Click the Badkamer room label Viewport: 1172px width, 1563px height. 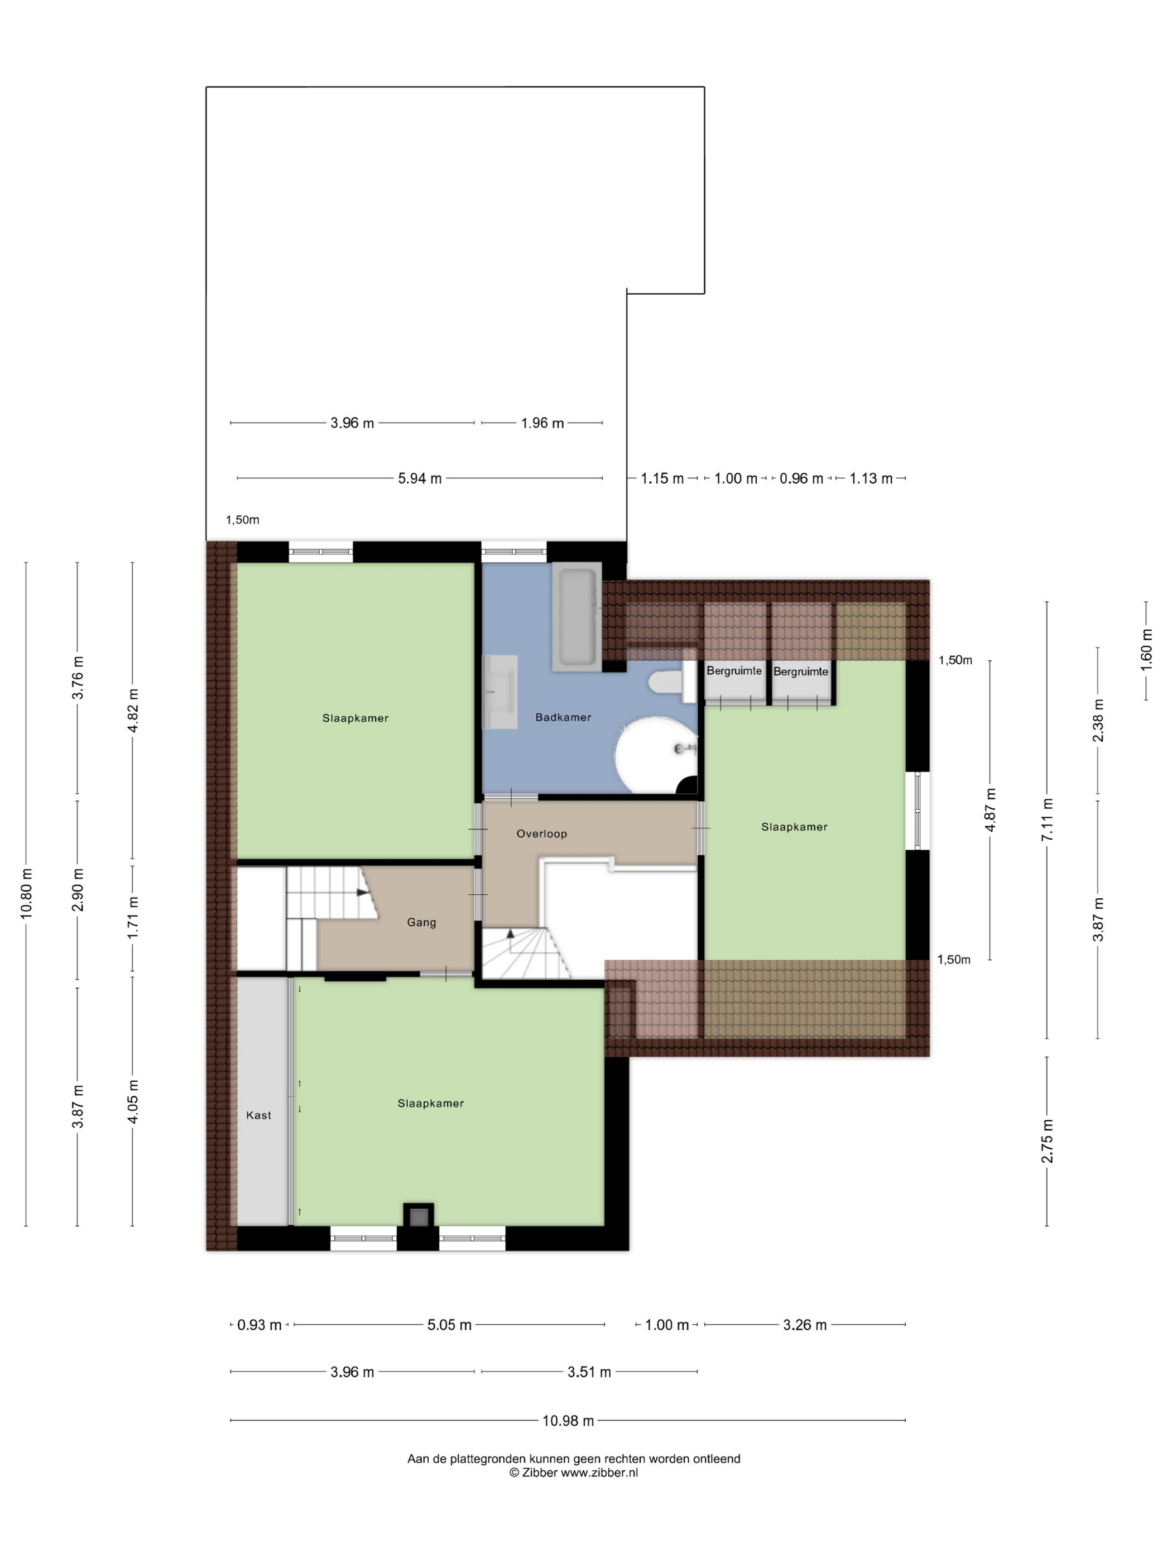tap(563, 717)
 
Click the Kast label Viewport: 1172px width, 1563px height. tap(258, 1115)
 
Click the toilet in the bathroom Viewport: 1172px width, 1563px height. tap(673, 682)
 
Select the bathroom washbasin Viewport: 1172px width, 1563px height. tap(500, 691)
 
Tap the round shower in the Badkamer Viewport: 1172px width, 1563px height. tap(656, 755)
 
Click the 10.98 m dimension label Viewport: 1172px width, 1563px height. tap(568, 1420)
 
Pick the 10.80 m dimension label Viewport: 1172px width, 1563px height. tap(27, 893)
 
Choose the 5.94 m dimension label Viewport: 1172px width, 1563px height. tap(420, 478)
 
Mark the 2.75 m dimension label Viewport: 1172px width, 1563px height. tap(1048, 1141)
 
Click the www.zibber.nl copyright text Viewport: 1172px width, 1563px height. tap(574, 1473)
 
